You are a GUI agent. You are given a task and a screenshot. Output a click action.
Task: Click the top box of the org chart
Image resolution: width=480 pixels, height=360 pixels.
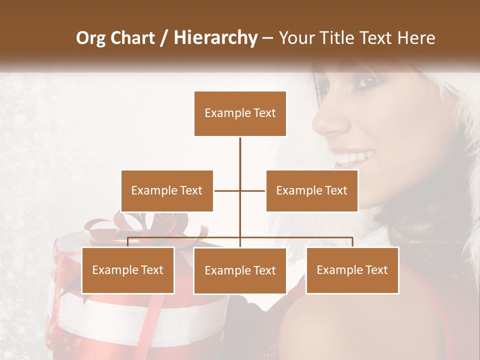click(x=240, y=113)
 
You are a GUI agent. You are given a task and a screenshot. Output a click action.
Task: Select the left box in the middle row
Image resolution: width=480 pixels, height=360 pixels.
click(x=167, y=190)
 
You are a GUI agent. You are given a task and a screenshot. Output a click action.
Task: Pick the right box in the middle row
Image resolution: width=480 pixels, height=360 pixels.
click(x=312, y=190)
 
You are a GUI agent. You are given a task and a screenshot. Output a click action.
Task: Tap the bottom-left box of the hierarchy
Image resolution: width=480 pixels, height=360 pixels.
click(x=128, y=270)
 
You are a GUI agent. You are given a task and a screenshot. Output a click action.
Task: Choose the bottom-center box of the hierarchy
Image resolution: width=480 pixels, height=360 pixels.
click(x=240, y=270)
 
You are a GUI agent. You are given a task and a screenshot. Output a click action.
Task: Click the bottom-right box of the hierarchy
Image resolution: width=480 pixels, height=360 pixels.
click(x=352, y=270)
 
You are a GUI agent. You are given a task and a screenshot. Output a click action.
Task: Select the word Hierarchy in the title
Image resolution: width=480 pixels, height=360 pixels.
click(x=215, y=38)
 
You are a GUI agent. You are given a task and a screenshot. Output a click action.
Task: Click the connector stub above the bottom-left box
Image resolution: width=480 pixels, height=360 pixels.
click(x=128, y=242)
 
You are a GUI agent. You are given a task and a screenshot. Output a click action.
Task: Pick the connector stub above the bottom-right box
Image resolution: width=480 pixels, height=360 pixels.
click(x=352, y=242)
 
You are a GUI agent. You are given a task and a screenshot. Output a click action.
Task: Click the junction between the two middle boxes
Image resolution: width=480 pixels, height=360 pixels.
click(x=240, y=190)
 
